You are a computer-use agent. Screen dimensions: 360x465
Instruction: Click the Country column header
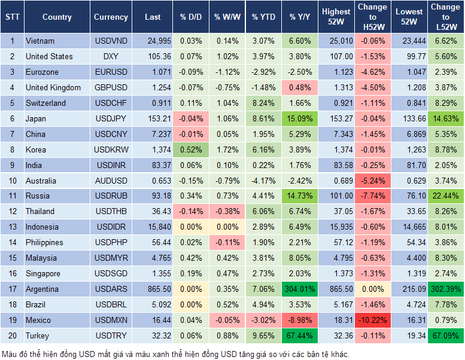click(x=57, y=17)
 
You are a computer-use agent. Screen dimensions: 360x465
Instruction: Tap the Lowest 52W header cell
click(x=409, y=17)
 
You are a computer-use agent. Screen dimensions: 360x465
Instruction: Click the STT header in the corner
click(x=12, y=17)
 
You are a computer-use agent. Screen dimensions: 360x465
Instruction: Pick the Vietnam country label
click(x=40, y=41)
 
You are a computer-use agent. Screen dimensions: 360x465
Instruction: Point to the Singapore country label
click(x=43, y=274)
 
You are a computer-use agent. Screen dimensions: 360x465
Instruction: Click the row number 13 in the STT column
click(x=12, y=227)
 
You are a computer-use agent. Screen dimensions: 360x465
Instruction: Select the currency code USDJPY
click(x=111, y=118)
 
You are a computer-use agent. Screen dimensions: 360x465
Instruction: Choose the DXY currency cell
click(x=111, y=57)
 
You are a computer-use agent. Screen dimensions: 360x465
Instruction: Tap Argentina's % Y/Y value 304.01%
click(x=301, y=289)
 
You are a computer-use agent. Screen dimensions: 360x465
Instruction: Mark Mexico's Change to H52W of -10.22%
click(x=372, y=321)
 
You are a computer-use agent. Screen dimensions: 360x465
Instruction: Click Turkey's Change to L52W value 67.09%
click(x=445, y=336)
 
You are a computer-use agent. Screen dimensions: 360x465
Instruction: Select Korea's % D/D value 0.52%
click(x=191, y=150)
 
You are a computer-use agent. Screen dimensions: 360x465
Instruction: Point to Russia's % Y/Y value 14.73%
click(x=301, y=196)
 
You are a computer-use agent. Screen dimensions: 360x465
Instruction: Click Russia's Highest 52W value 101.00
click(x=336, y=196)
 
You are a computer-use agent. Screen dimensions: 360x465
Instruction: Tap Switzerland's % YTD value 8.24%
click(x=264, y=103)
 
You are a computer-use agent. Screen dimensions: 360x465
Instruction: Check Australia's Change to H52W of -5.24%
click(x=372, y=181)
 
